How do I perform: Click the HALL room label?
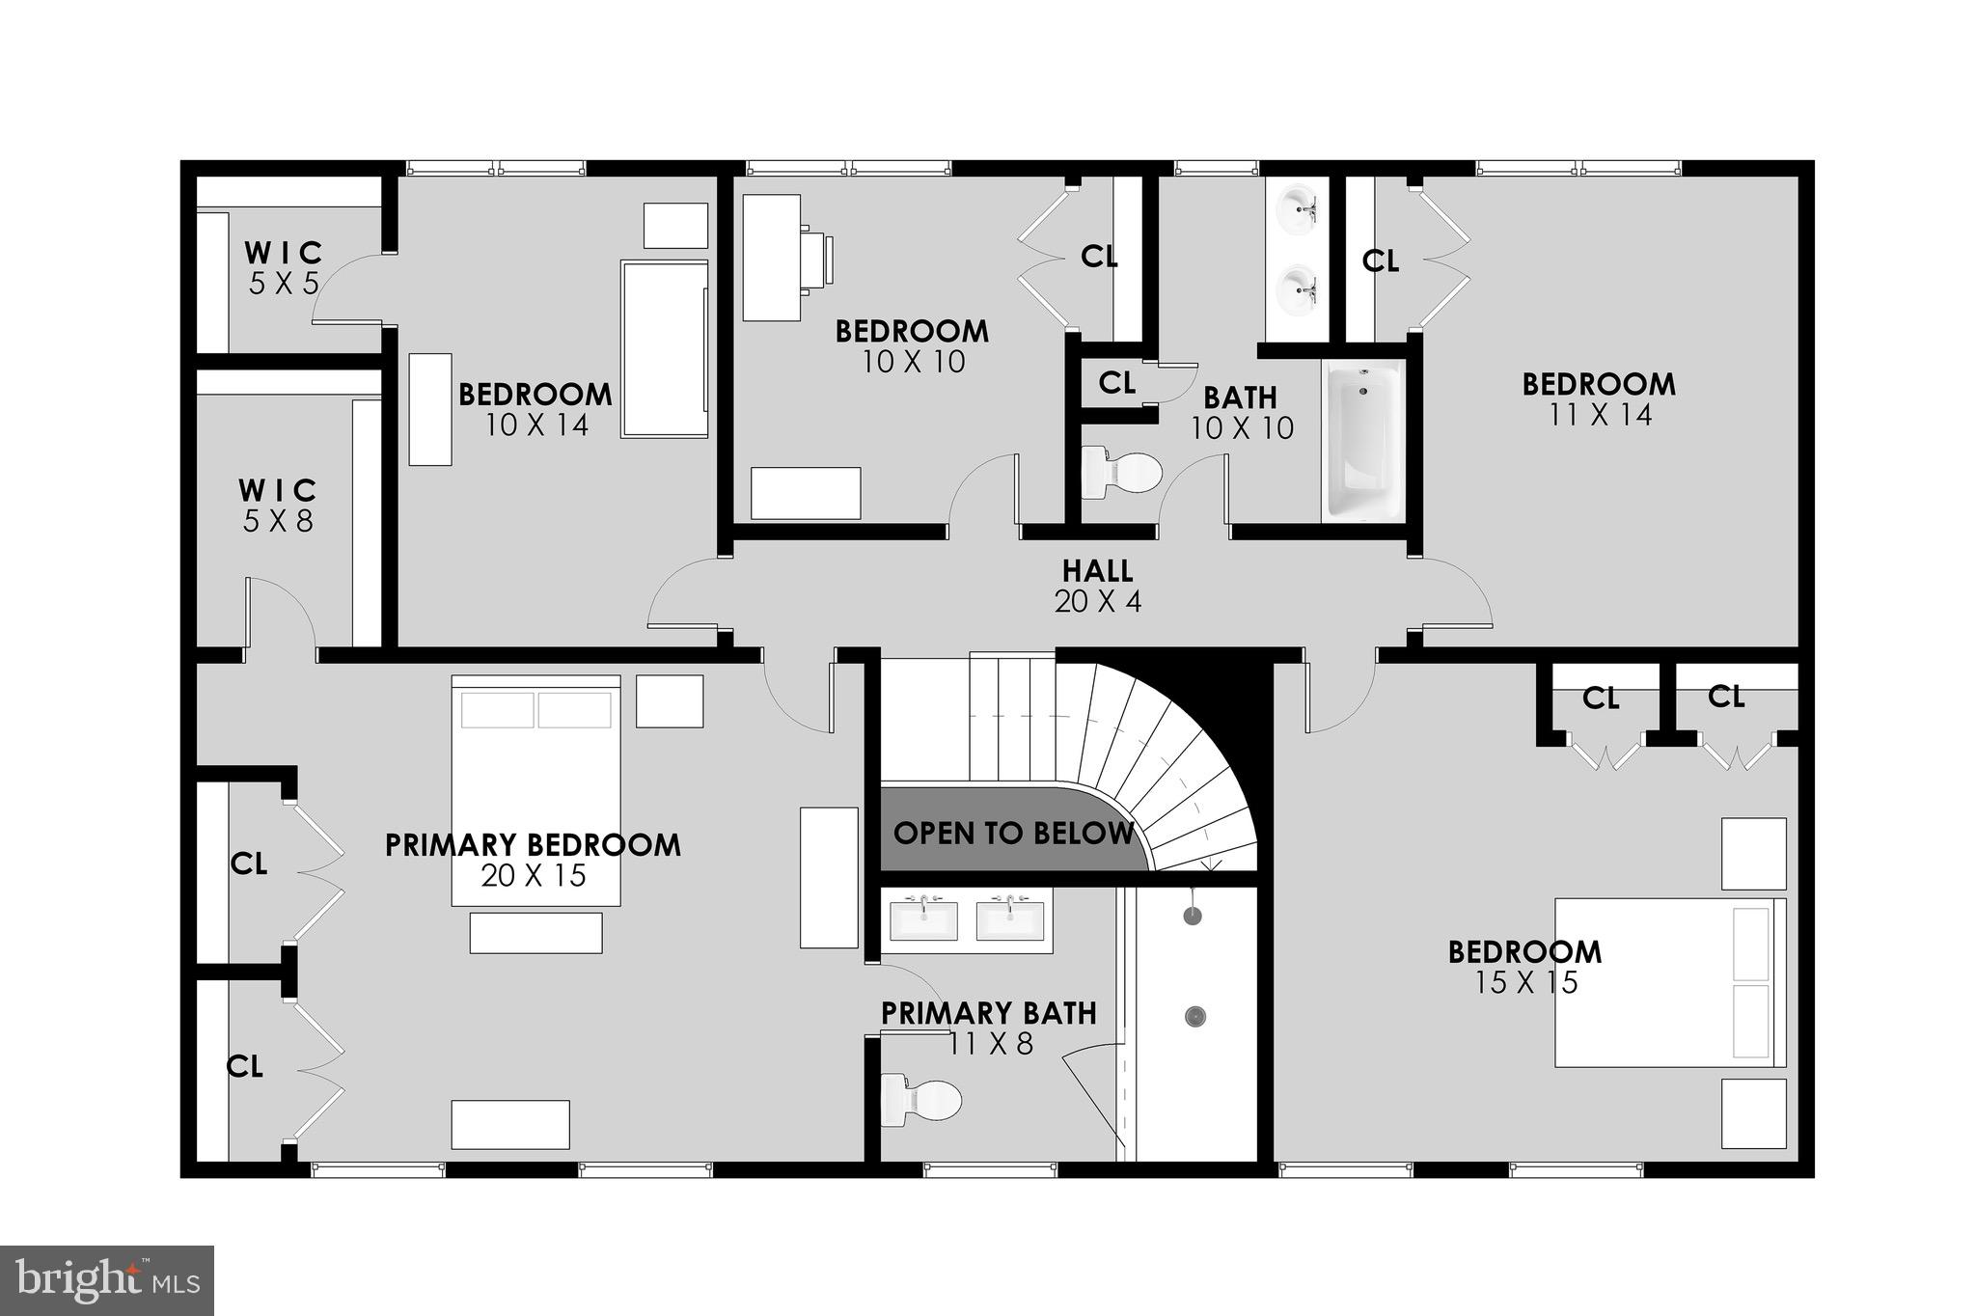1097,570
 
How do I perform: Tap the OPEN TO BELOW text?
1012,833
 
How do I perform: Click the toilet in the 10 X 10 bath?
1120,473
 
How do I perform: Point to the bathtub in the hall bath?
1362,441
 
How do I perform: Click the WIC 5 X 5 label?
283,254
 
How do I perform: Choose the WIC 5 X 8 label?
278,490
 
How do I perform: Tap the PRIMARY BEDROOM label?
533,845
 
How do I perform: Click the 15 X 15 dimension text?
1525,983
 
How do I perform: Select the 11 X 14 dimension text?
1600,415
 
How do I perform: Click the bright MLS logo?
106,1280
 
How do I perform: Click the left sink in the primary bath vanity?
923,918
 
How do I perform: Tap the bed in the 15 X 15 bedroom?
1669,982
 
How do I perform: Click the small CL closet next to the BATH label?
1116,383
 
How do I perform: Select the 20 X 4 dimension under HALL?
1097,602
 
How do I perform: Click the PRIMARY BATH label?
988,1013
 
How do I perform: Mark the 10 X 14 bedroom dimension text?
536,425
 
